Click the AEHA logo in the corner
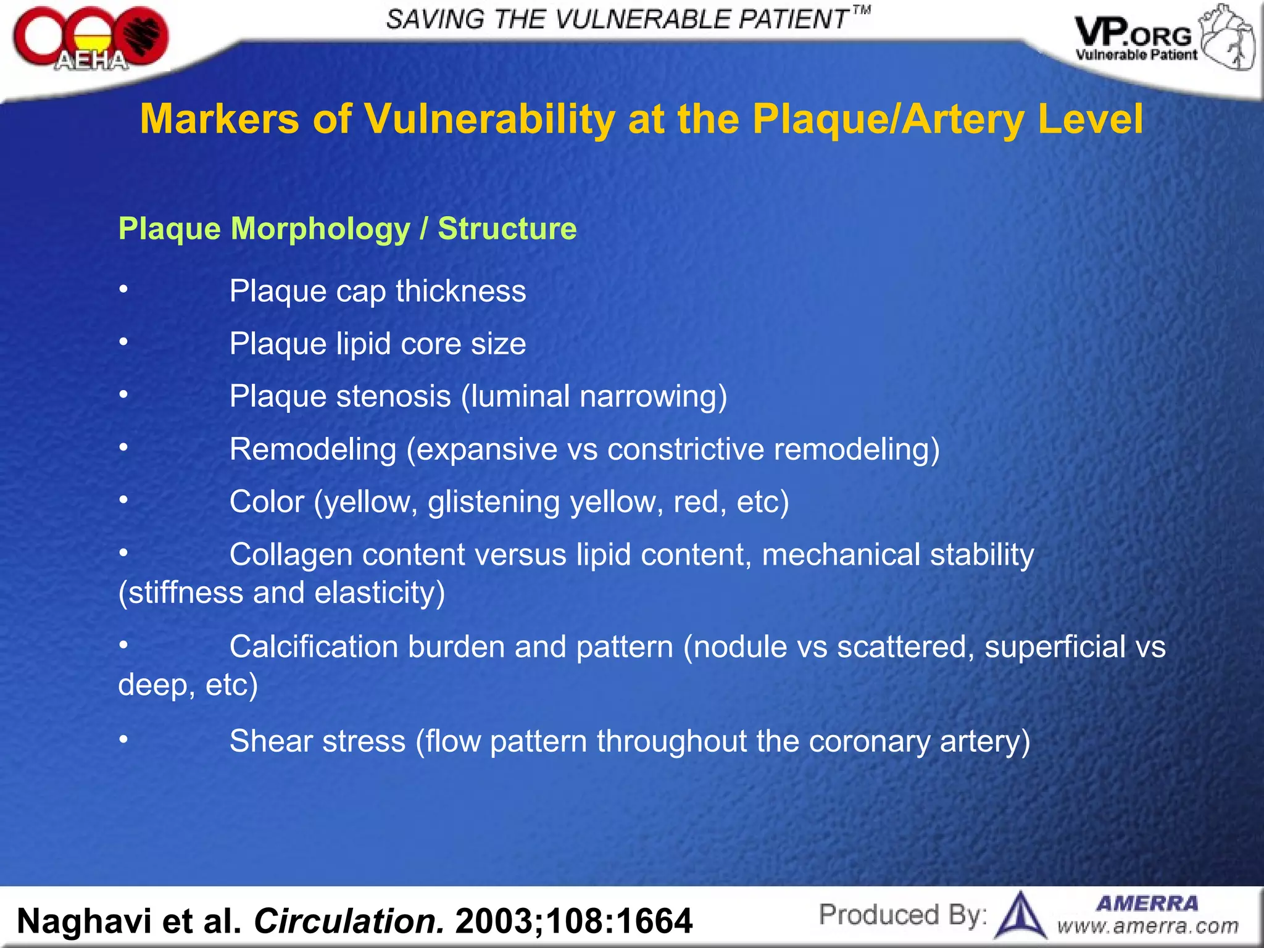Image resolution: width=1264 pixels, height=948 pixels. pyautogui.click(x=90, y=39)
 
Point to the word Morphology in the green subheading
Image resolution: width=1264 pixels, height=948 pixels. pyautogui.click(x=320, y=229)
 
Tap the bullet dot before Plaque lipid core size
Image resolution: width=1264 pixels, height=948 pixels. pyautogui.click(x=123, y=341)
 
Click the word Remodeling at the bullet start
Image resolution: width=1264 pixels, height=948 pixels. pyautogui.click(x=313, y=449)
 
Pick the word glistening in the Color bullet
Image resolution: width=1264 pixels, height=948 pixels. pyautogui.click(x=494, y=502)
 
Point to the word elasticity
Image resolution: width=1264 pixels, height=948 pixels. pyautogui.click(x=379, y=592)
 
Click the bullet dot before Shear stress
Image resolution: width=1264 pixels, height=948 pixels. pyautogui.click(x=123, y=739)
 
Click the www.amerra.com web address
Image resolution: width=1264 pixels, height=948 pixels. pyautogui.click(x=1147, y=926)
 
